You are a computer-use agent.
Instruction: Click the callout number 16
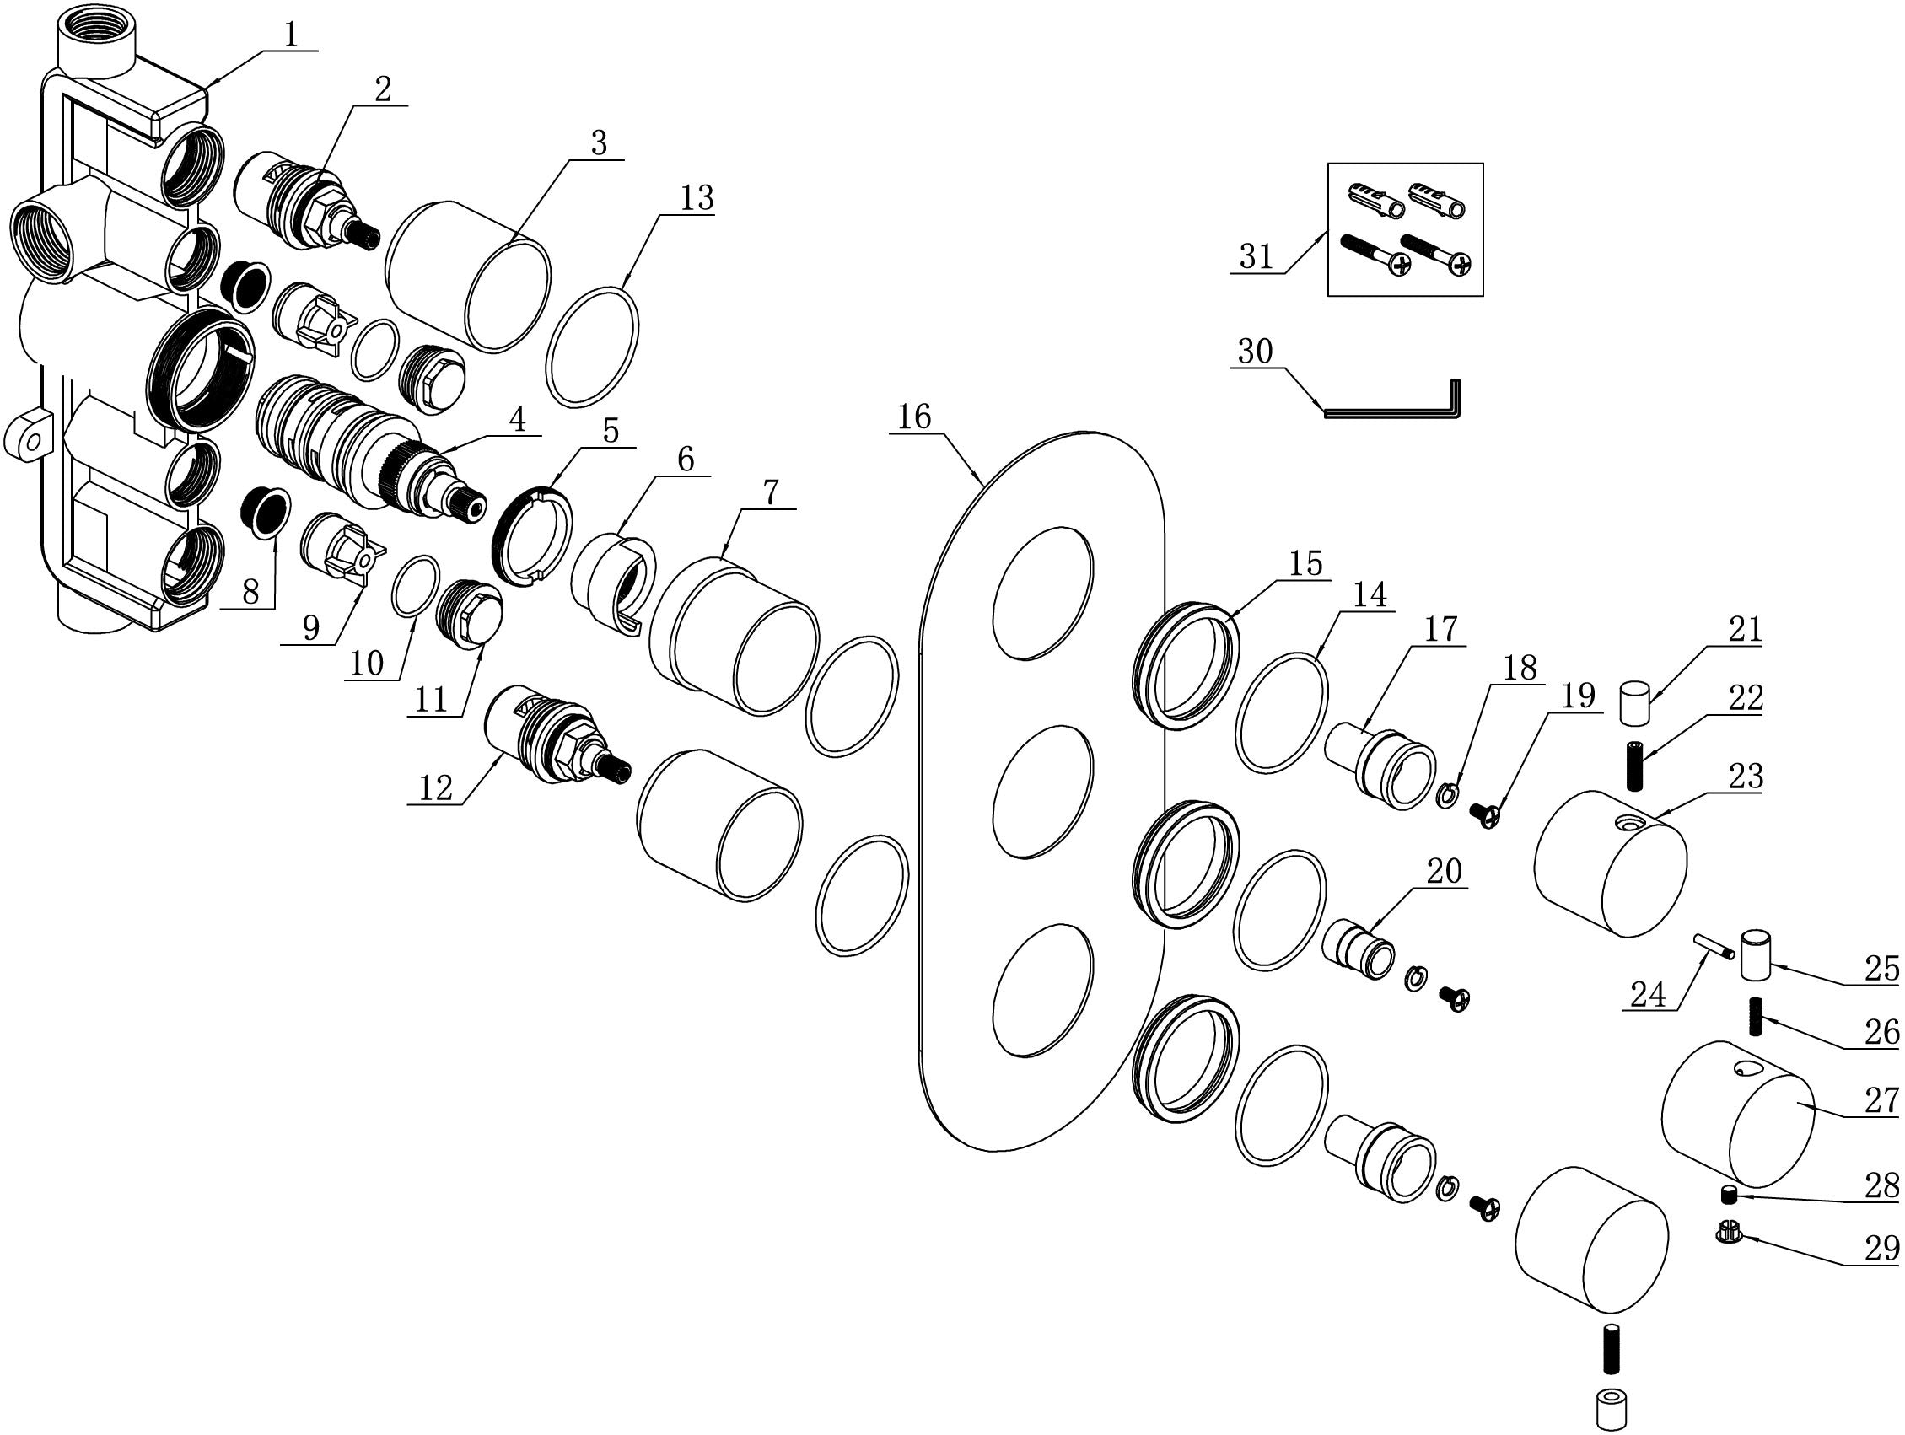[914, 417]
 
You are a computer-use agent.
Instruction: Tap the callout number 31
[1256, 256]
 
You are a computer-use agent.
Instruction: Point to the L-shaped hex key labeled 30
[1388, 411]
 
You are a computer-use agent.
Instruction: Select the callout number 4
[517, 420]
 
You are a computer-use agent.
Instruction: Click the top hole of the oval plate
[1043, 592]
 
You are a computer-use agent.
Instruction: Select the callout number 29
[1881, 1247]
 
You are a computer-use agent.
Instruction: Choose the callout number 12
[436, 787]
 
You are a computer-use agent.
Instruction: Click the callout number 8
[250, 591]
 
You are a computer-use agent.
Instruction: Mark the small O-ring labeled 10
[416, 586]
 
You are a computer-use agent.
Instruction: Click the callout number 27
[1881, 1100]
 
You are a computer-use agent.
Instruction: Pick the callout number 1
[290, 35]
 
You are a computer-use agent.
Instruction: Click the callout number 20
[1445, 873]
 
